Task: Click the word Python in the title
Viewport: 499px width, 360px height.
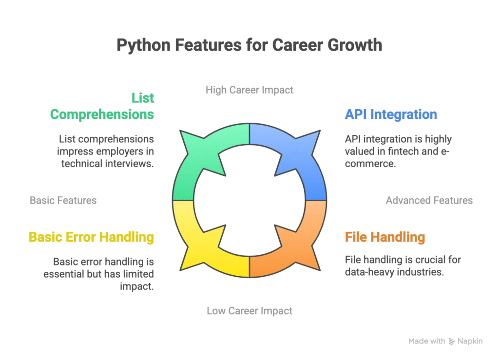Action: (144, 45)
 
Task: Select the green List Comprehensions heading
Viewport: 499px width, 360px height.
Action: (102, 106)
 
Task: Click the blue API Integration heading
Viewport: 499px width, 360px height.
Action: (391, 114)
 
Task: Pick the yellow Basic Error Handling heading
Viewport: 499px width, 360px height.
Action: (91, 237)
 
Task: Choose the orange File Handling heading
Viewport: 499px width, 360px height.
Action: (385, 237)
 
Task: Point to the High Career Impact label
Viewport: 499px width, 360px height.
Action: (249, 90)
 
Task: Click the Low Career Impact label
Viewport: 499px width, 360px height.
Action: (249, 311)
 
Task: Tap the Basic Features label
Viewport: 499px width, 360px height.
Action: (63, 200)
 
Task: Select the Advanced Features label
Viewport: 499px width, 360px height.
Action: (429, 200)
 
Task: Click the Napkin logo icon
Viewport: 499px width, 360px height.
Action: (452, 341)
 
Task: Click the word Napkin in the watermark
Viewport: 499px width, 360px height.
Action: (470, 341)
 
